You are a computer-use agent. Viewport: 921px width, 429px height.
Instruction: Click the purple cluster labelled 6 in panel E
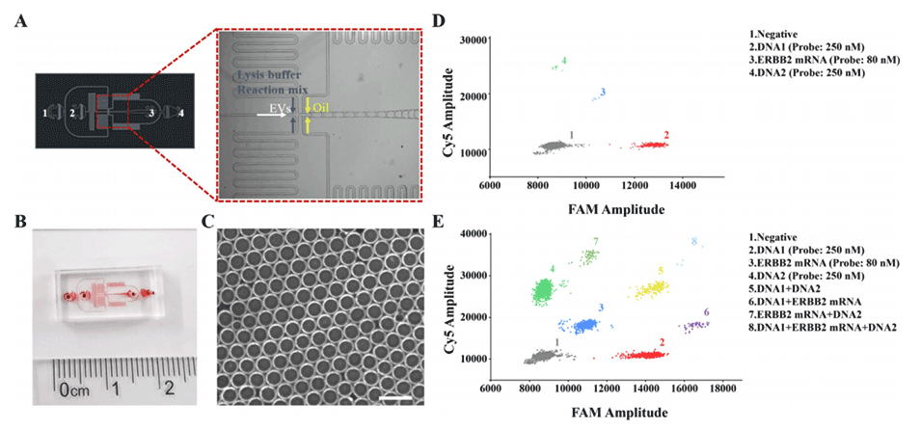(695, 327)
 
